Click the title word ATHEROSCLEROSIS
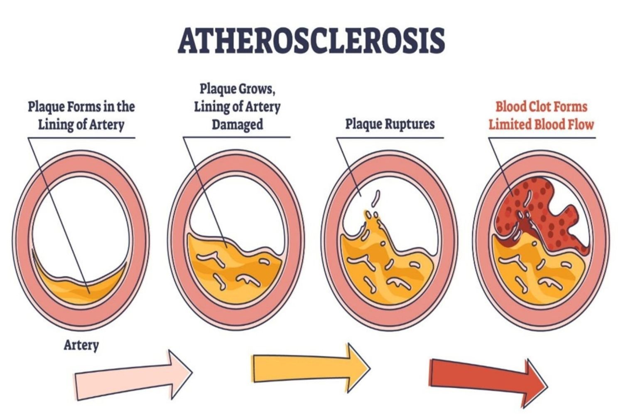[311, 40]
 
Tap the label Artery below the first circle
[81, 345]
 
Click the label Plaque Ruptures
[390, 124]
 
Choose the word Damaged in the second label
[237, 124]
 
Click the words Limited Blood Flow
[541, 124]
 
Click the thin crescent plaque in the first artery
[79, 287]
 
